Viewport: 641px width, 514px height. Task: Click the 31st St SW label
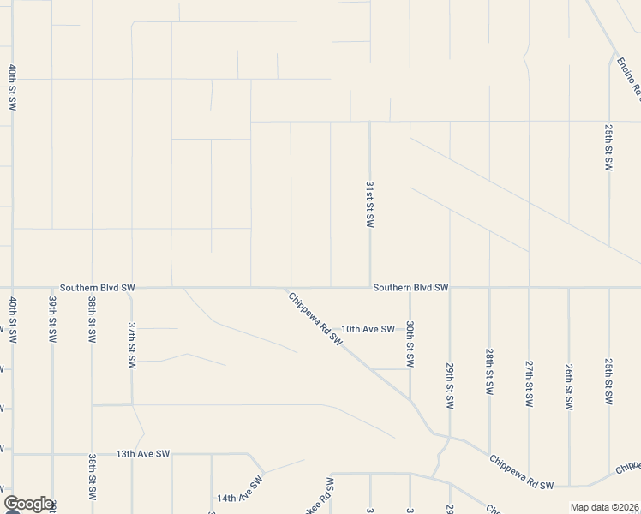point(370,204)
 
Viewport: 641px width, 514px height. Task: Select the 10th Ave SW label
point(368,329)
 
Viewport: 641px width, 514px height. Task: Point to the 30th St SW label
point(410,344)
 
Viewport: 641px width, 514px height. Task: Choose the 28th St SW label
point(489,372)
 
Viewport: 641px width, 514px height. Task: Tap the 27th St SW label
point(529,373)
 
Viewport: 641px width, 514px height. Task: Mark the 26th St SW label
point(569,385)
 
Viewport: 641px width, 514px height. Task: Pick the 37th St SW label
point(132,345)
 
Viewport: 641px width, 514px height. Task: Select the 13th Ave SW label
point(144,454)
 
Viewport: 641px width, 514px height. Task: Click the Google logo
point(28,504)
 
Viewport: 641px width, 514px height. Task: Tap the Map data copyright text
point(603,507)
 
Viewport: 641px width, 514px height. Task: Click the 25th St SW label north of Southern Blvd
point(608,146)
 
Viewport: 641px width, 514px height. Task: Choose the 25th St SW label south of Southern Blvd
point(608,382)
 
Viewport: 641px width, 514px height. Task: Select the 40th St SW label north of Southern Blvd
point(12,87)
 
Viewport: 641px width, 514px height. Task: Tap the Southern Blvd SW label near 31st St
point(411,288)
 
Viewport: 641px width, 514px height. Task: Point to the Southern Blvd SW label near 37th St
point(98,288)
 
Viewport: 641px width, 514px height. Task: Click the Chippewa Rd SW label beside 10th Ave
point(315,319)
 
